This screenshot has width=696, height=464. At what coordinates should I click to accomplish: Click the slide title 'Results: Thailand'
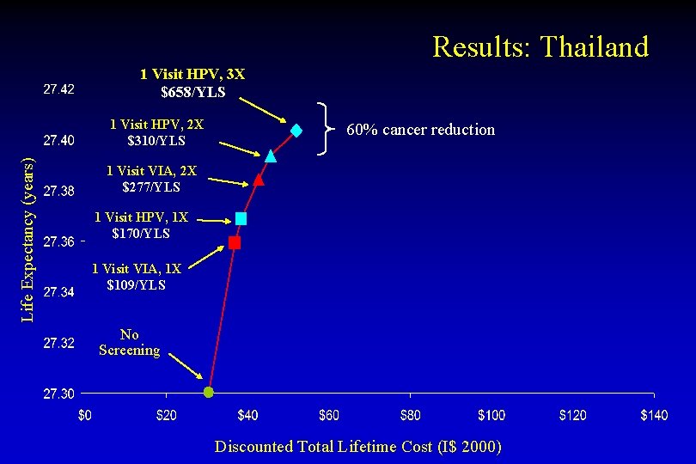(540, 46)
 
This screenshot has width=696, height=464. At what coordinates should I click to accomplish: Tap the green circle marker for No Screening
(208, 393)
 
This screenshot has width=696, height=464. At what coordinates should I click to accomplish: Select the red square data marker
(235, 243)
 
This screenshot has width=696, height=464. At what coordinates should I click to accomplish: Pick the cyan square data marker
(241, 219)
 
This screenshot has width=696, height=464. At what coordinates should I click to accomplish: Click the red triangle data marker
(259, 180)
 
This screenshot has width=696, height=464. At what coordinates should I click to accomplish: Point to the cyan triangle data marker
(271, 156)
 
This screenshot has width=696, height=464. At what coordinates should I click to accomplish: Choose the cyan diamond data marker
(296, 131)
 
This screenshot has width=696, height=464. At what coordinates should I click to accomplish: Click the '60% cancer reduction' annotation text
(420, 130)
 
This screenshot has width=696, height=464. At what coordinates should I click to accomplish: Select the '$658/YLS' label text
(192, 92)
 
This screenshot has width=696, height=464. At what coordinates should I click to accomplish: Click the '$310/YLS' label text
(156, 141)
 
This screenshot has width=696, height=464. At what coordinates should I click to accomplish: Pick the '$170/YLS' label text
(141, 233)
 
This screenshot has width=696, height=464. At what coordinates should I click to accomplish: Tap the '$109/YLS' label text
(136, 284)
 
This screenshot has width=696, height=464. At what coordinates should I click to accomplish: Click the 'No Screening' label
(129, 342)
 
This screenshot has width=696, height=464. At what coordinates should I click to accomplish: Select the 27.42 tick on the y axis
(58, 89)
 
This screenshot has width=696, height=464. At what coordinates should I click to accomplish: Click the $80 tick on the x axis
(410, 416)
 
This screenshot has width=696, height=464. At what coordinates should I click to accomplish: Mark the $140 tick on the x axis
(654, 416)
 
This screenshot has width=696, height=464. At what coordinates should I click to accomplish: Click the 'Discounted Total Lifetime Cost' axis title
(357, 446)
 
